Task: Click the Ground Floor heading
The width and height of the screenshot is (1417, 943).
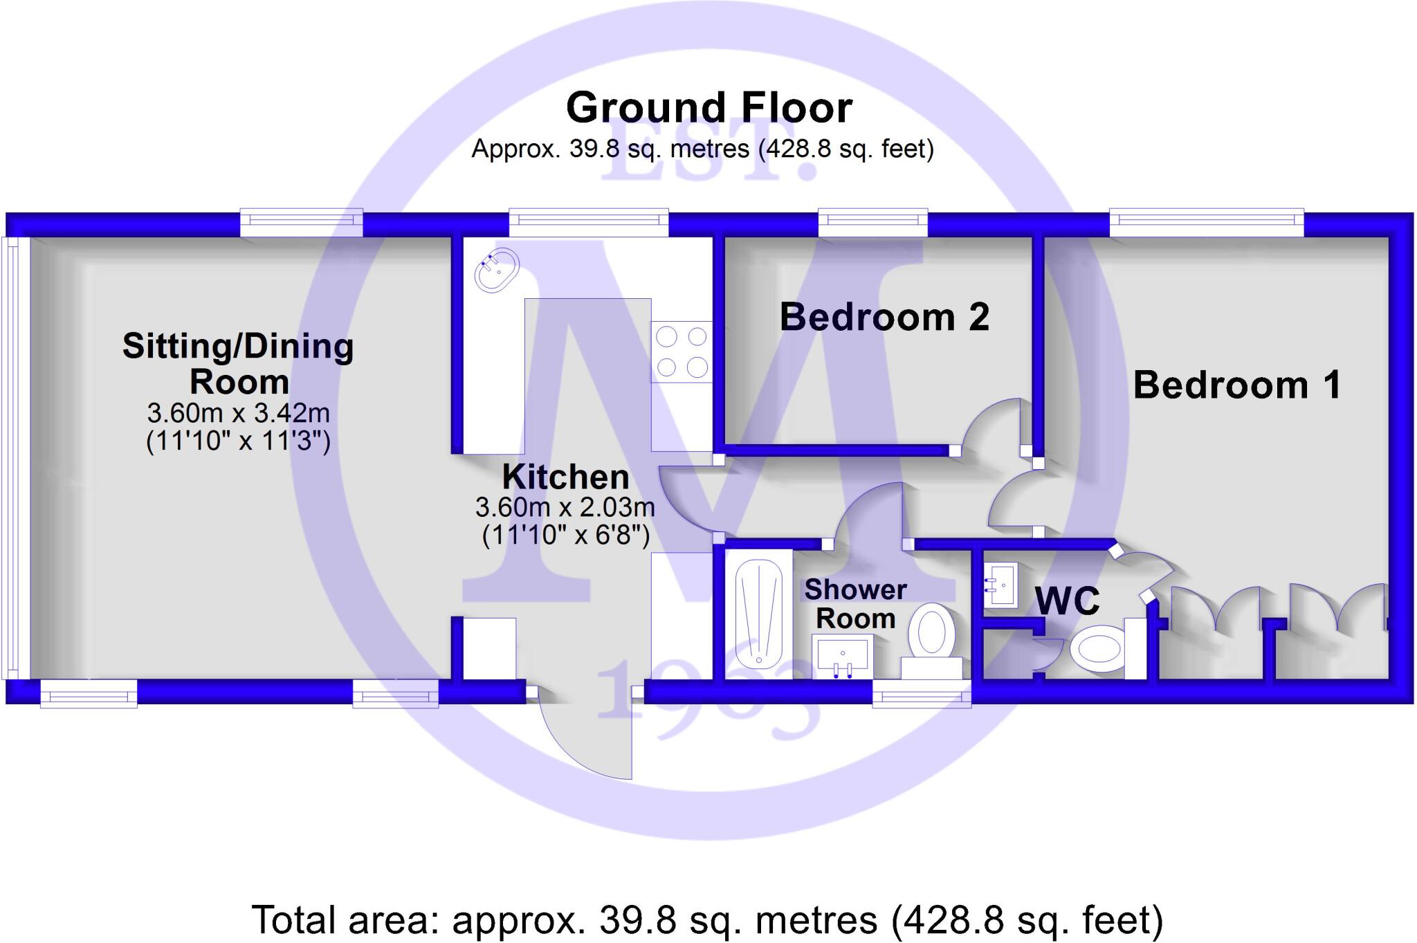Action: pyautogui.click(x=708, y=108)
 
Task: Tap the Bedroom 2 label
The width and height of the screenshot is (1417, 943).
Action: pyautogui.click(x=884, y=318)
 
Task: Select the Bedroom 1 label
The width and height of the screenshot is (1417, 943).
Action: pyautogui.click(x=1237, y=385)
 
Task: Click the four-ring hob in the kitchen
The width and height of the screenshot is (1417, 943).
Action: pyautogui.click(x=682, y=351)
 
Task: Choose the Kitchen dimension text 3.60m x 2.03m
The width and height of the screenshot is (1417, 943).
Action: pyautogui.click(x=565, y=508)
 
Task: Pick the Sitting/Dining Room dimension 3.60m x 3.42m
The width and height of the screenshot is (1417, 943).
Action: pyautogui.click(x=238, y=413)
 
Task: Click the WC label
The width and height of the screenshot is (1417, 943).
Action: pyautogui.click(x=1067, y=601)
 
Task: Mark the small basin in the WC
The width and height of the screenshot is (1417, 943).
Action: pyautogui.click(x=1000, y=585)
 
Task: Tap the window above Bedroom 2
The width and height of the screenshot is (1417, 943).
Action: pyautogui.click(x=872, y=220)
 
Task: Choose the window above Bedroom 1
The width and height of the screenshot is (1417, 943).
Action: pyautogui.click(x=1206, y=220)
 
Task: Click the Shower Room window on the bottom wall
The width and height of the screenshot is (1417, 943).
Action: pyautogui.click(x=921, y=693)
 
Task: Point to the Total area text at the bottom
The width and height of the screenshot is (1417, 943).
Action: pyautogui.click(x=707, y=920)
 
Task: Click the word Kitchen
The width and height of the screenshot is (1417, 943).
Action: pyautogui.click(x=565, y=477)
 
